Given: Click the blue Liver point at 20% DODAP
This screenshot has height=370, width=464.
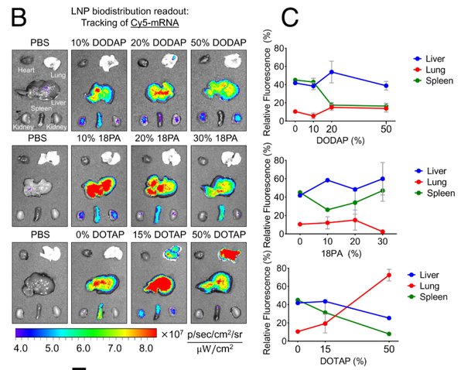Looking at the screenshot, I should [x=332, y=72].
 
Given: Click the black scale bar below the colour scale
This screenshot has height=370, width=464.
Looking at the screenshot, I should [x=79, y=367].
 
